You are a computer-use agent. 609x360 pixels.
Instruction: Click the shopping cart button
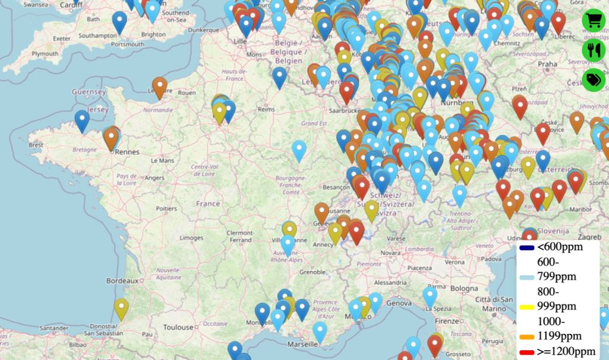[593, 20]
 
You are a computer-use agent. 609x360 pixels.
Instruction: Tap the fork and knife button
[593, 50]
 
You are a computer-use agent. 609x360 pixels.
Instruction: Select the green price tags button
[593, 80]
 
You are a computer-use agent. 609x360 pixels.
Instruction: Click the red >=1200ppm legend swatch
[527, 352]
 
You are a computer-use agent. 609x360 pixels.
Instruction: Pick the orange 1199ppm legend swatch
[527, 336]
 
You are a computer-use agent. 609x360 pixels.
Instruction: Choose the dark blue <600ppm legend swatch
[527, 248]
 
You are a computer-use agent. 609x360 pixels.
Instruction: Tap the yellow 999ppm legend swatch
[527, 306]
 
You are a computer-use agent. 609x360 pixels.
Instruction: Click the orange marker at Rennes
[111, 138]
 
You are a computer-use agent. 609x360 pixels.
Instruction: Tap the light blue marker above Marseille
[320, 332]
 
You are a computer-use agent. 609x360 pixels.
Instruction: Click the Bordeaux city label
[121, 281]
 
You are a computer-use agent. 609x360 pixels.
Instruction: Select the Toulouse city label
[177, 328]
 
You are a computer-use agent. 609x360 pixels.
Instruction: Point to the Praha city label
[547, 64]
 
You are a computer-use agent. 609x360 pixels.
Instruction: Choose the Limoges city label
[191, 238]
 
